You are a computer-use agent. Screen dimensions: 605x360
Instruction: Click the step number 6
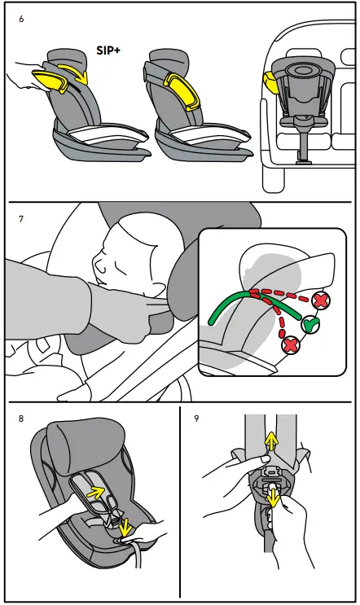click(22, 17)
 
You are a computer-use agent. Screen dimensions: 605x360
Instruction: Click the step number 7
click(22, 220)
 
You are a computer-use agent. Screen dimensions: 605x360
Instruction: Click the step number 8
click(22, 421)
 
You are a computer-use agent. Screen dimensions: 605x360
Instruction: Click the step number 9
click(195, 421)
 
